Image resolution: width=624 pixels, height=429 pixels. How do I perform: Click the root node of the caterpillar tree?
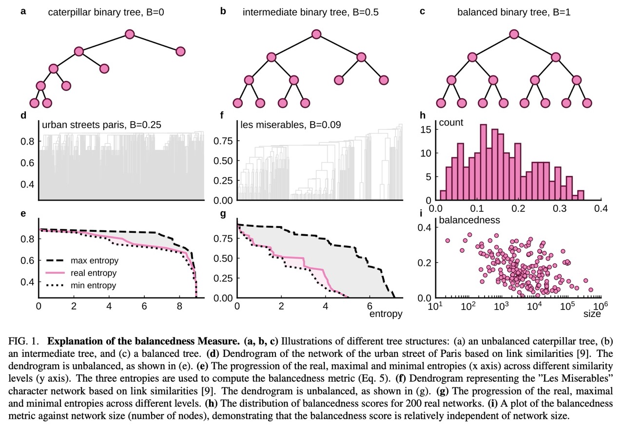click(129, 34)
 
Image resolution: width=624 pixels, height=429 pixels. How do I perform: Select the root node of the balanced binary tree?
click(513, 34)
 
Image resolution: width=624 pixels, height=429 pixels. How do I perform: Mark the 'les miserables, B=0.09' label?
click(291, 125)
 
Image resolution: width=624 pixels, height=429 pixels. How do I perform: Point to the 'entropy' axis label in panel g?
click(385, 314)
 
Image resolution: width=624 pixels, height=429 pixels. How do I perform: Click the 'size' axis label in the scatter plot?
click(592, 314)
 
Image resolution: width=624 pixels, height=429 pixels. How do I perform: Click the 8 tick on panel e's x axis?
click(179, 306)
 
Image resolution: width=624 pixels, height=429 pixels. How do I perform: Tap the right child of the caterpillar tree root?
click(180, 51)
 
